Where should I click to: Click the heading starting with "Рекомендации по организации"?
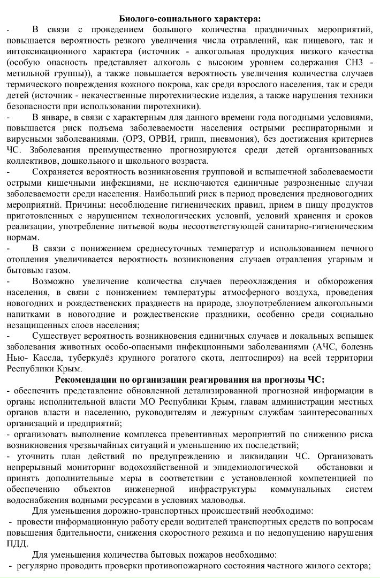tap(190, 380)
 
